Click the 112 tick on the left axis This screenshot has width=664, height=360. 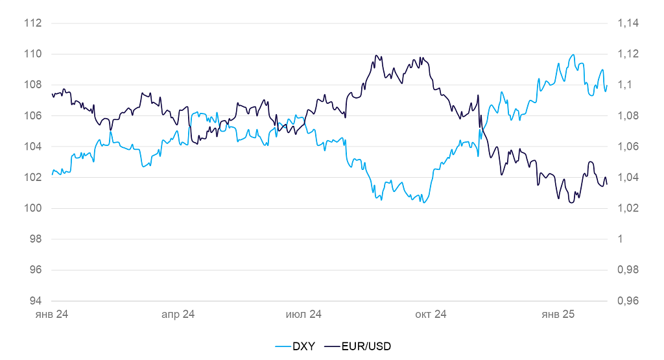coord(32,23)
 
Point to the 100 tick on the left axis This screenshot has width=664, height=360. coord(32,208)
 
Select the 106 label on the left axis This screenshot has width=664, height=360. coord(32,116)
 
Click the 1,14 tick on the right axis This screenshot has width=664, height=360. coord(628,23)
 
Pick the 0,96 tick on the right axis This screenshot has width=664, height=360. coord(628,301)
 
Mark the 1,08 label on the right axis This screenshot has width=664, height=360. coord(628,116)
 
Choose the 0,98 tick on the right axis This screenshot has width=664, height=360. coord(628,270)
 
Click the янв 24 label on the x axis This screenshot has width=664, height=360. coord(52,315)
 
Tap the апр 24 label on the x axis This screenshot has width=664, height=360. coord(178,315)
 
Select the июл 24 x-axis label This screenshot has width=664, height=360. coord(304,315)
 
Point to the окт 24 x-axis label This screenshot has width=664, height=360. coord(431,315)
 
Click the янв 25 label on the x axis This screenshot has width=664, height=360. coord(558,315)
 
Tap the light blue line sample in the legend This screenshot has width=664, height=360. coord(282,346)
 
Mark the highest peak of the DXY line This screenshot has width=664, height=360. coord(573,55)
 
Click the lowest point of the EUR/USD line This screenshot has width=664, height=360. coord(571,202)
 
